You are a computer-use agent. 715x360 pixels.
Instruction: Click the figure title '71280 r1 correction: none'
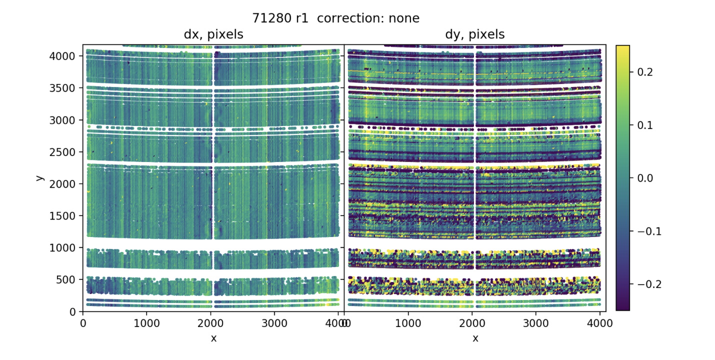click(x=336, y=18)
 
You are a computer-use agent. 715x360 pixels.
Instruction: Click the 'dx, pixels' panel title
click(x=213, y=34)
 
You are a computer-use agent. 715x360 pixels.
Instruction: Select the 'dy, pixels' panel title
click(x=474, y=34)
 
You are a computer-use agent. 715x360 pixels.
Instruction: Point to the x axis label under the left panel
click(x=213, y=338)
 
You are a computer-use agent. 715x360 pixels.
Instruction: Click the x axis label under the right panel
click(x=475, y=338)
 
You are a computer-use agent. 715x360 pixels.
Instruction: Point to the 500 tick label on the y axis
click(x=69, y=280)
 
